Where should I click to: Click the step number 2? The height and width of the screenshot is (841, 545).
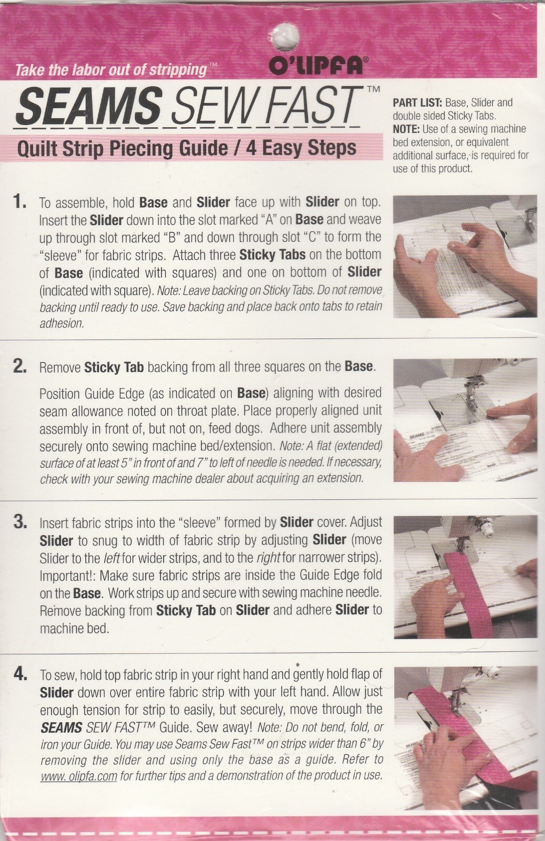point(19,366)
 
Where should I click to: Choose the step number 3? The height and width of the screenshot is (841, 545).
point(19,522)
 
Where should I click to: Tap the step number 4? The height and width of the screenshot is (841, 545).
point(19,675)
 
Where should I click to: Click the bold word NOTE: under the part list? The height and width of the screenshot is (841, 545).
point(406,129)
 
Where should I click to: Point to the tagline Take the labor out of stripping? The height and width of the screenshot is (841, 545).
point(111,70)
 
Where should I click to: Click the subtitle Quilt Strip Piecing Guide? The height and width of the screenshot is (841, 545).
point(122,148)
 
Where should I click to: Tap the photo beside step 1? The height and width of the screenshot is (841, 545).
point(465,256)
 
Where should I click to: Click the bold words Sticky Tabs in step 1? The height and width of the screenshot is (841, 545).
point(272,255)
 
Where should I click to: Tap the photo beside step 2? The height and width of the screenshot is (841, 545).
point(465,420)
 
